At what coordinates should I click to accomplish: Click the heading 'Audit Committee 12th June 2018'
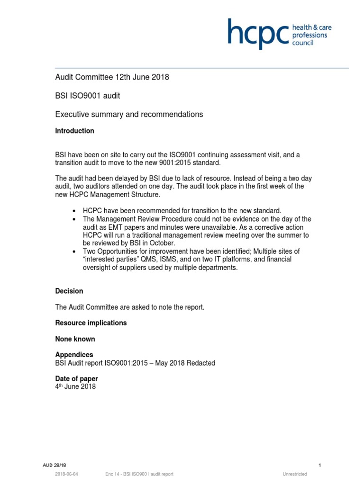(x=112, y=77)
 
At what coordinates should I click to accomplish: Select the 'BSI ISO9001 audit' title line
(x=88, y=96)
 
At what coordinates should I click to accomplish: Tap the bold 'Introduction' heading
(x=75, y=131)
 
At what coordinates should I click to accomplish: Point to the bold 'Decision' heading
(x=69, y=291)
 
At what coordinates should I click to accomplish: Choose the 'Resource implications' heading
(x=91, y=323)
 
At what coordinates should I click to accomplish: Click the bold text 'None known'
(x=75, y=339)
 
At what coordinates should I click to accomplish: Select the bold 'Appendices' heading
(x=74, y=355)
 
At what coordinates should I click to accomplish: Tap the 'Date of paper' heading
(x=77, y=379)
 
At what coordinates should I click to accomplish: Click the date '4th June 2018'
(x=76, y=387)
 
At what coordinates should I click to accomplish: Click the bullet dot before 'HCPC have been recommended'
(x=74, y=211)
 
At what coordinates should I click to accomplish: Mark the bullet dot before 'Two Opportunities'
(x=74, y=251)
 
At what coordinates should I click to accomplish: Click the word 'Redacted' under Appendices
(x=200, y=363)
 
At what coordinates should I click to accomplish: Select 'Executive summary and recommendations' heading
(x=129, y=114)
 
